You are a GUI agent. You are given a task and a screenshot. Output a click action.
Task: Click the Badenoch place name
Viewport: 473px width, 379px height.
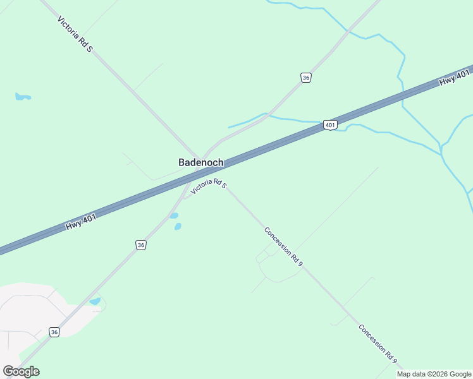(200, 162)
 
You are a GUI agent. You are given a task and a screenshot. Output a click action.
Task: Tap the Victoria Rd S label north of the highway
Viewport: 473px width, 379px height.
(75, 34)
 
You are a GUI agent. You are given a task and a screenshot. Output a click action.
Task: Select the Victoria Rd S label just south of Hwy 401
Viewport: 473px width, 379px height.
(209, 186)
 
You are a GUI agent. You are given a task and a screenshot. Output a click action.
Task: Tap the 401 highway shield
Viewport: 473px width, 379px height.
(330, 125)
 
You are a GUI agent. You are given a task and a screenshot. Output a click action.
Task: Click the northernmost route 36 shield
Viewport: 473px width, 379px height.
(306, 77)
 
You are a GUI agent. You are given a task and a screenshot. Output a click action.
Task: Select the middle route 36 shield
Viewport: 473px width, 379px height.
(140, 245)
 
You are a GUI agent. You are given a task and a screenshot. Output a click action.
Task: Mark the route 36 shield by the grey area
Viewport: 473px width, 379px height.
(55, 332)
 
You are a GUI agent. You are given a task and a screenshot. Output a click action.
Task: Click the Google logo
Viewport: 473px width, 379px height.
(21, 371)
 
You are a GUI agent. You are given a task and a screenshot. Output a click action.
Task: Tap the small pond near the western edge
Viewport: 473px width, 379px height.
(23, 97)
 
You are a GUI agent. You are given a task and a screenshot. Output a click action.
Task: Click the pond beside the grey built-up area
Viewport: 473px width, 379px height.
(95, 301)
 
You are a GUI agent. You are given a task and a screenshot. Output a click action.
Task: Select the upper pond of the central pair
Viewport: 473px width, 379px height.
(173, 216)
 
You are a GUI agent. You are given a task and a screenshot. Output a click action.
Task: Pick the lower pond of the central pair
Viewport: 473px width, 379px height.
(178, 226)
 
